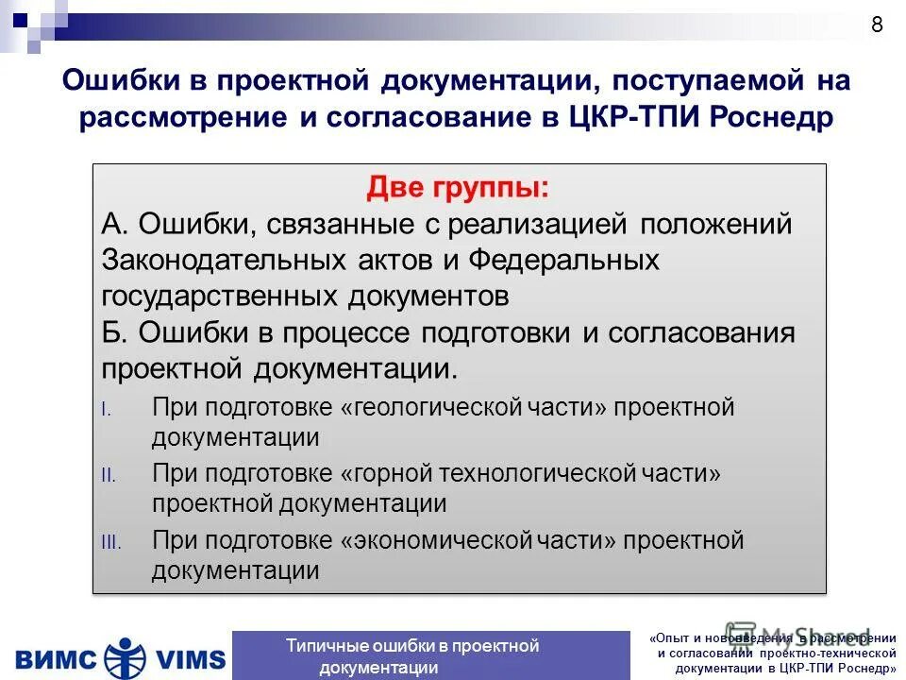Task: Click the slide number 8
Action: [x=877, y=25]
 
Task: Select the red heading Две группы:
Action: [x=458, y=187]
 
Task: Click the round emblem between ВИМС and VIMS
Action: [x=121, y=656]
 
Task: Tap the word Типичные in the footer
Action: [x=327, y=646]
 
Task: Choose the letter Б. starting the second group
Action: [x=115, y=333]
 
